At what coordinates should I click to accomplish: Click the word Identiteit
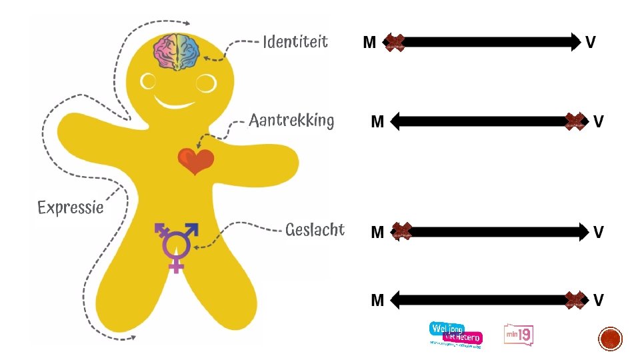(x=295, y=42)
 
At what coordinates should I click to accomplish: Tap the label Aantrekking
(x=291, y=121)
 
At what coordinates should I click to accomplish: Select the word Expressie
(x=71, y=207)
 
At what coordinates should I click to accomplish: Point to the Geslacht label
(x=315, y=230)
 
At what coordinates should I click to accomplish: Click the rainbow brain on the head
(x=177, y=51)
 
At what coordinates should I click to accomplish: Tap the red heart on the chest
(x=195, y=161)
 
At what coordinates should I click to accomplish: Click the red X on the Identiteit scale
(x=395, y=43)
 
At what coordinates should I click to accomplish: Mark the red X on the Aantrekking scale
(x=575, y=121)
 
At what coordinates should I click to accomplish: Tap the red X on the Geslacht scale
(x=402, y=231)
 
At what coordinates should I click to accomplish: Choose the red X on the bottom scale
(x=575, y=300)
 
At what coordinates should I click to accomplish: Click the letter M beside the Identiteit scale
(x=369, y=43)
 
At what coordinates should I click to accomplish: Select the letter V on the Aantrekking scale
(x=598, y=121)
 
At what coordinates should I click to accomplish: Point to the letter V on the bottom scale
(x=598, y=301)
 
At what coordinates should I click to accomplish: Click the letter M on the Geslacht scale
(x=377, y=232)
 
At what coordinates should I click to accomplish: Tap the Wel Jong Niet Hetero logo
(x=455, y=334)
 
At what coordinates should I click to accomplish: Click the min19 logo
(x=519, y=335)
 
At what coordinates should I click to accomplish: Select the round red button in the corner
(x=610, y=339)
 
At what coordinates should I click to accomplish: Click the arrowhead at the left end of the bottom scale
(x=395, y=300)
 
